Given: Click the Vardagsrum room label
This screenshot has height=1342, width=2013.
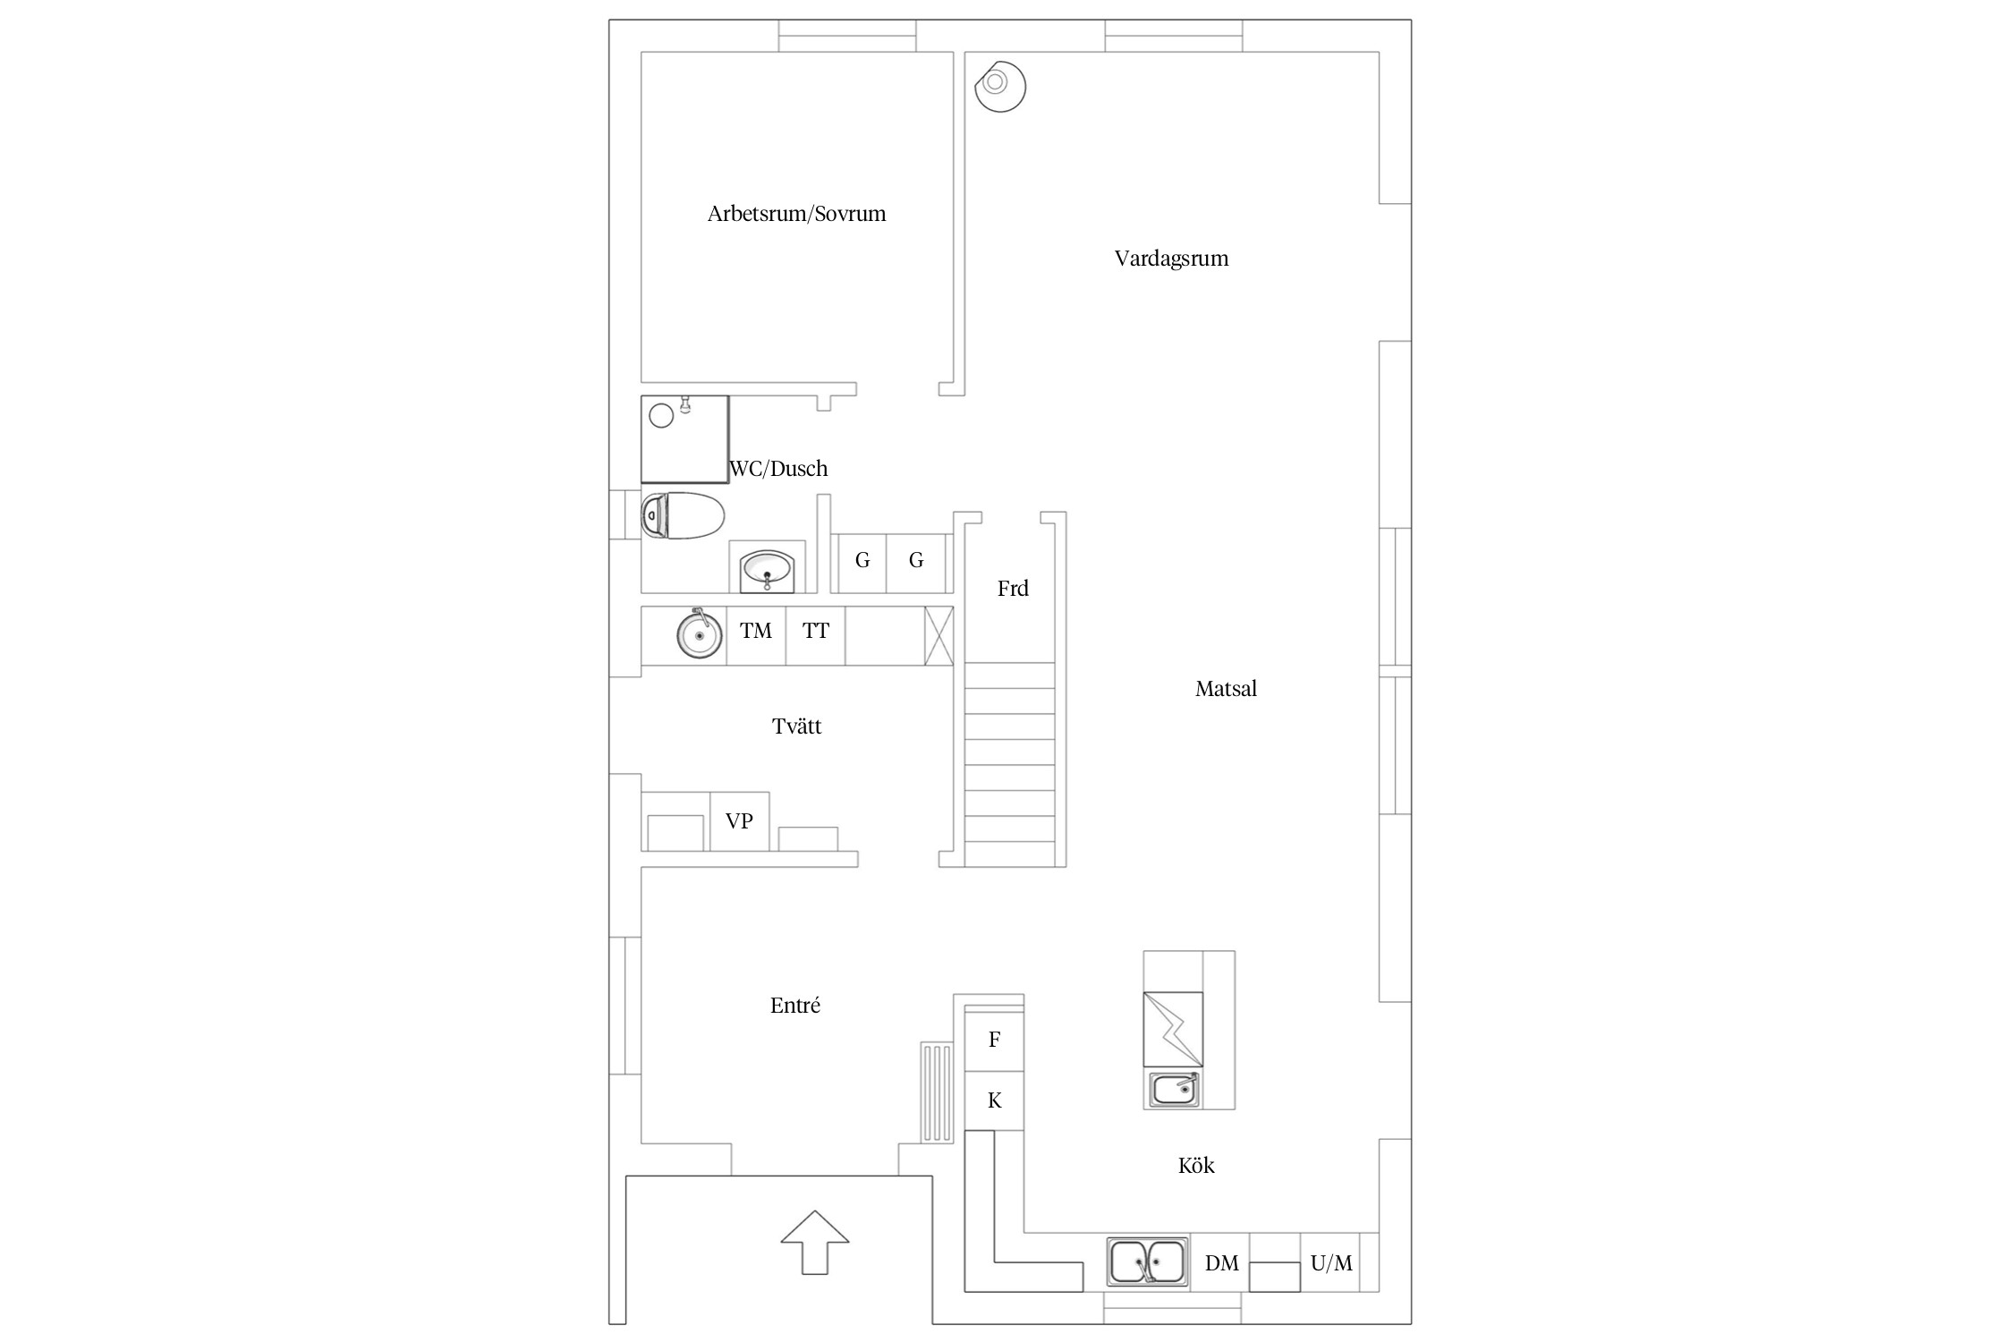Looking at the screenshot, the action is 1171,259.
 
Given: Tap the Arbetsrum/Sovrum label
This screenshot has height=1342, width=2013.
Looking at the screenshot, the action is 796,214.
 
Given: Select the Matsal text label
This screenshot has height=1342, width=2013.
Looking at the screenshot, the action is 1226,689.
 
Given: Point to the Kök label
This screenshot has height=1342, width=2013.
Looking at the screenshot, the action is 1196,1165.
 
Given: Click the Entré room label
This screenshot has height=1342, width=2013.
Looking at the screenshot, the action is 794,1005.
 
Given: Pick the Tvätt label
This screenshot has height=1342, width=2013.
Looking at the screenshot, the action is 796,726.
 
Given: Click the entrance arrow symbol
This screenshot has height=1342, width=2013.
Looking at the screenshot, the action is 814,1242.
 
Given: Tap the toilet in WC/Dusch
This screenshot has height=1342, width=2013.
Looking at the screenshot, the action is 683,515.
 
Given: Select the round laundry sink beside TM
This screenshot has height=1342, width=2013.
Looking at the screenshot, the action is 699,633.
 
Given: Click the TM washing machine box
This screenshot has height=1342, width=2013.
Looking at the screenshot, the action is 756,635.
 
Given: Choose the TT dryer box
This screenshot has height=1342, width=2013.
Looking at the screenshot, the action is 815,635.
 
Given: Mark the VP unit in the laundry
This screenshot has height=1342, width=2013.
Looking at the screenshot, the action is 739,821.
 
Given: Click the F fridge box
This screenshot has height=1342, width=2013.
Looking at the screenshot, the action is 994,1040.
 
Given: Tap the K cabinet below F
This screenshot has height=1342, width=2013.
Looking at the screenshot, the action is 994,1100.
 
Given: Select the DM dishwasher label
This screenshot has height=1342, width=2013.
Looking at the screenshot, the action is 1221,1263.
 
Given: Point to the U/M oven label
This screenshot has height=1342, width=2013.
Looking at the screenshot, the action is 1331,1263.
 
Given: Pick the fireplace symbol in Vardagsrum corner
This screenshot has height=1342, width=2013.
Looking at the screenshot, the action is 999,86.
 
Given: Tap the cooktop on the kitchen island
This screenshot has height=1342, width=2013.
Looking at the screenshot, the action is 1173,1029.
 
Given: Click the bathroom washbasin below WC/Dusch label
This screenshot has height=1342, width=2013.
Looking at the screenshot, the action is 767,570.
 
